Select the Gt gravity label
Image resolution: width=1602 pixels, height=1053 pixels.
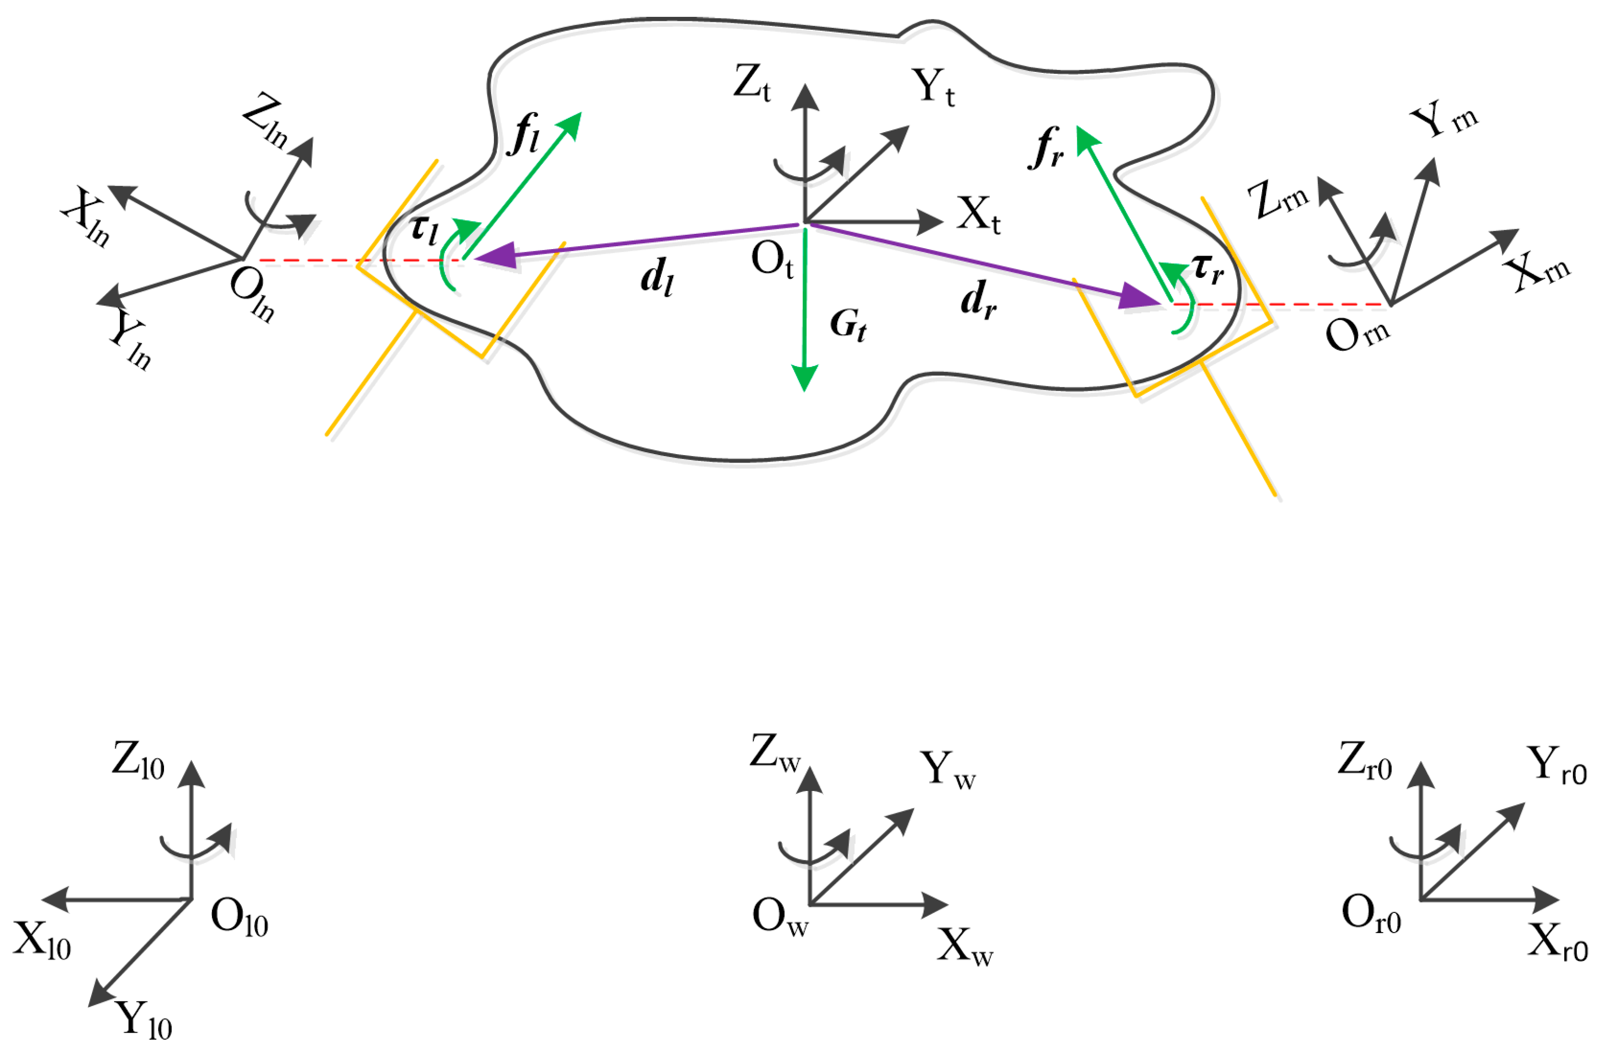tap(848, 324)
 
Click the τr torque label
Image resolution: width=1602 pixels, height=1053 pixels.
tap(1208, 269)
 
